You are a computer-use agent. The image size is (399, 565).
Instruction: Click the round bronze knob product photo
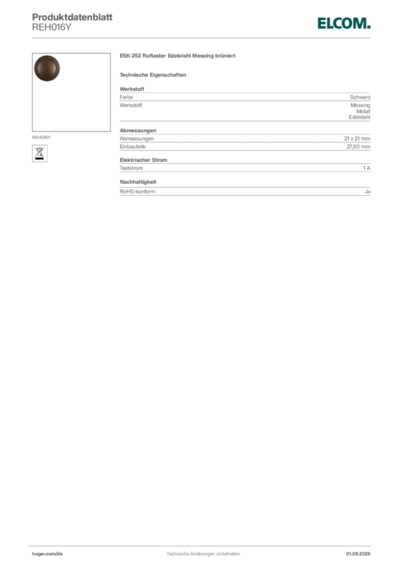point(46,69)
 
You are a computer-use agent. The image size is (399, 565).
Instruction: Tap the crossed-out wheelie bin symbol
point(40,151)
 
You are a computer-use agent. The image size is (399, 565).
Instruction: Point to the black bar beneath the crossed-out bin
point(40,159)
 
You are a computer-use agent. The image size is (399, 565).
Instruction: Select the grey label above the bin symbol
point(42,135)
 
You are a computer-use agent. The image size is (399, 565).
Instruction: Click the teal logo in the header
point(344,23)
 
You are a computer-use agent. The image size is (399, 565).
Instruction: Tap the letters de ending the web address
point(61,553)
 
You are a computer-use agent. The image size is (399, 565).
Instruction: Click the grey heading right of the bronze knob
point(178,57)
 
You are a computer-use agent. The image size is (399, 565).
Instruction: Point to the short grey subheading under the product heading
point(154,74)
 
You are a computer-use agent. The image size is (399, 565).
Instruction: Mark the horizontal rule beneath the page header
point(203,37)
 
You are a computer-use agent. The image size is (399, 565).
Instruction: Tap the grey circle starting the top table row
point(131,97)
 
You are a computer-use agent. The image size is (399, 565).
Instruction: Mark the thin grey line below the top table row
point(245,121)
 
